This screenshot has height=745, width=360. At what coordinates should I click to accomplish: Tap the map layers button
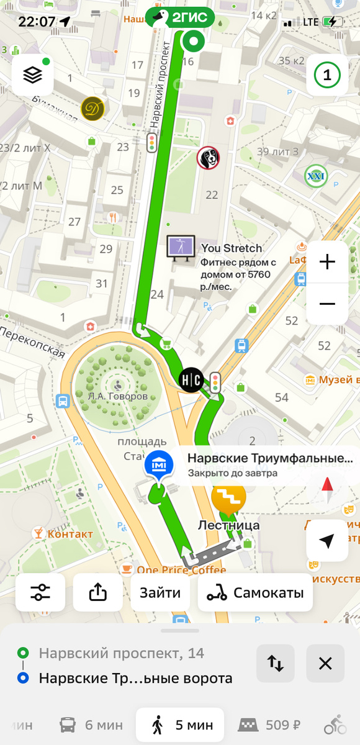tap(33, 75)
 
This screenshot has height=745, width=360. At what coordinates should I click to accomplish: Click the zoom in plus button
tap(327, 262)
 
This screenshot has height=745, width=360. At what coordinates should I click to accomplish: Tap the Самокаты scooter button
tap(255, 593)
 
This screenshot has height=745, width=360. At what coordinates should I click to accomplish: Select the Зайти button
tap(160, 593)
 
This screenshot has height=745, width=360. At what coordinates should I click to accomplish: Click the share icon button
tap(98, 593)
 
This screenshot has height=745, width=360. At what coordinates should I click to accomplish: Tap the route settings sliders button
tap(40, 593)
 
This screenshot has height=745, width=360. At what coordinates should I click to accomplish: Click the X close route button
tap(325, 664)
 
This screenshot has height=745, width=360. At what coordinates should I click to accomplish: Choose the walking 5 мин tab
tap(180, 725)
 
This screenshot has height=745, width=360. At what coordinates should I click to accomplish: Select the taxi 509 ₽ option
tap(272, 725)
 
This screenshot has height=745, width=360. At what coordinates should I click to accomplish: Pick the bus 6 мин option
tap(91, 725)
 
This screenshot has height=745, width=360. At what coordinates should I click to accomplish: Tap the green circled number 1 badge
tap(327, 75)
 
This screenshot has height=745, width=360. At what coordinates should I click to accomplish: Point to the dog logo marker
tap(209, 158)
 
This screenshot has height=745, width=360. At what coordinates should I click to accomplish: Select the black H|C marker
tap(191, 379)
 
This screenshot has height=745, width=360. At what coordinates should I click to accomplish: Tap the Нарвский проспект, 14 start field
tap(121, 653)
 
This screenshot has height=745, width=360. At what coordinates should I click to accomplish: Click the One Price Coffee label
tap(173, 570)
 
